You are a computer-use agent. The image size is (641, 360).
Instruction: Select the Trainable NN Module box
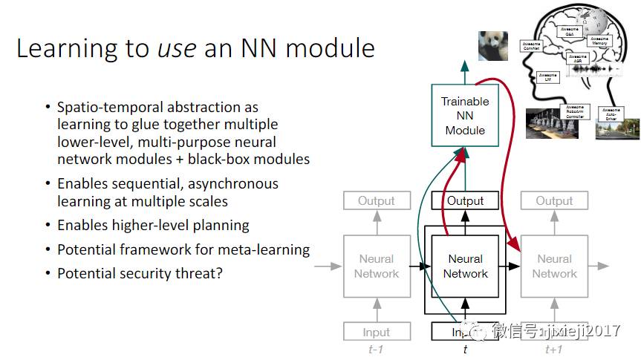(465, 115)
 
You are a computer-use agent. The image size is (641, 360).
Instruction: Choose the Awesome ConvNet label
(531, 46)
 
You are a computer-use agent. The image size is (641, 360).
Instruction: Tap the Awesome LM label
(547, 77)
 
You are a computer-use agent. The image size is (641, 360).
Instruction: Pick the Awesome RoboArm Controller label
(577, 111)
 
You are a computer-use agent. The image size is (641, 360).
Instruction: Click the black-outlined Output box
(465, 200)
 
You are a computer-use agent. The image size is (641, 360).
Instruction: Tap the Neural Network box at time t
(465, 266)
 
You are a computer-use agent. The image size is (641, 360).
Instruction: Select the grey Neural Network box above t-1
(377, 266)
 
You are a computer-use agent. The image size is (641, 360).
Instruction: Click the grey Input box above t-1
(377, 332)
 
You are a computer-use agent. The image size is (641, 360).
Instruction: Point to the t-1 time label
(376, 350)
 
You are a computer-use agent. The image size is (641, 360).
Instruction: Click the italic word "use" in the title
(176, 48)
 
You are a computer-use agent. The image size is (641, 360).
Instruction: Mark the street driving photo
(617, 129)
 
